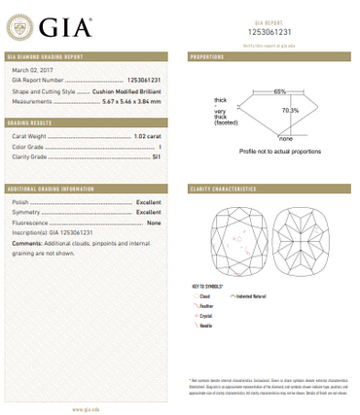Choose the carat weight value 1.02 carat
146,138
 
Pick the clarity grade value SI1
156,157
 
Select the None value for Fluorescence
154,222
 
